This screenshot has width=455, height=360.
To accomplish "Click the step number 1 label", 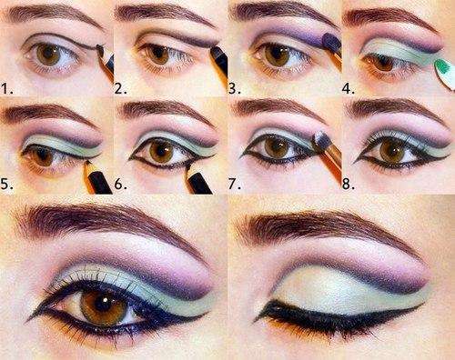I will tap(10, 89).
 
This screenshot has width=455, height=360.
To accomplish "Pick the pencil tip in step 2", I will tap(216, 45).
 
